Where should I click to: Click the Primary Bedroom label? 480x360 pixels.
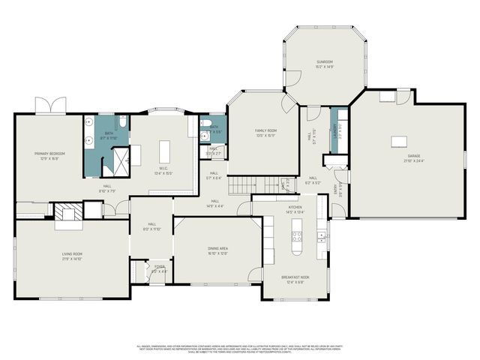click(49, 155)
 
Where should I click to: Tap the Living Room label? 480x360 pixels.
click(72, 256)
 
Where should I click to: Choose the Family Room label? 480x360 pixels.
click(265, 133)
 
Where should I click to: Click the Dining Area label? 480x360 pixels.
click(218, 250)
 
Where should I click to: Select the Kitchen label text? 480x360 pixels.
click(295, 210)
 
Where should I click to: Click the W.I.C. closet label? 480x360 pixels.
click(163, 171)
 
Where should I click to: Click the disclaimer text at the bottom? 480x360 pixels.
click(240, 349)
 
